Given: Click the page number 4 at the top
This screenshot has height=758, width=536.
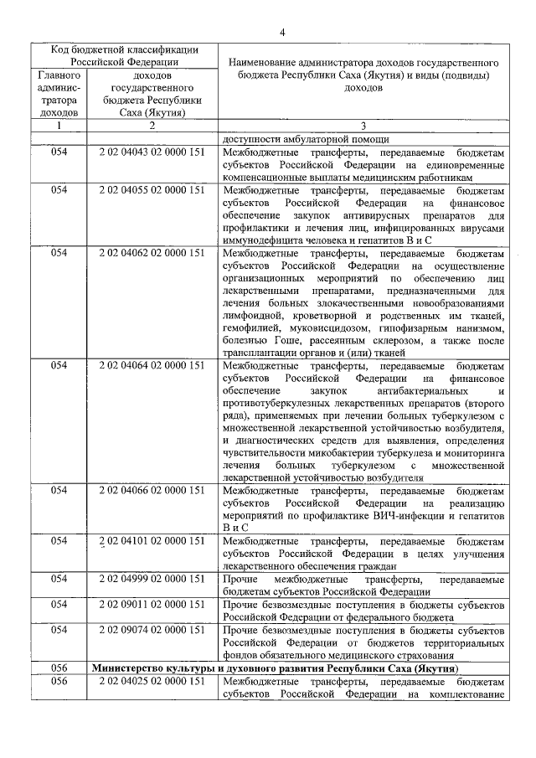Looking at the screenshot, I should coord(282,32).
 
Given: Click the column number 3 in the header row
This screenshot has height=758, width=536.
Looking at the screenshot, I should coord(363,126).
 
